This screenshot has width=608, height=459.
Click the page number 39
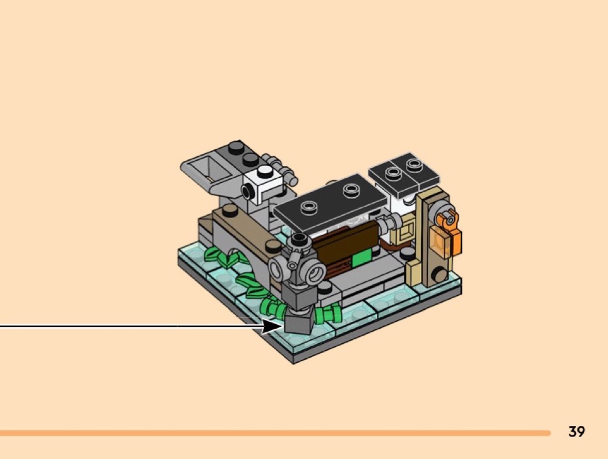(x=577, y=431)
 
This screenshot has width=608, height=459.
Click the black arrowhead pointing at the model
(x=273, y=326)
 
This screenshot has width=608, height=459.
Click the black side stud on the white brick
(x=248, y=191)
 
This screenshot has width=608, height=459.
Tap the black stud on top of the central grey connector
(x=299, y=238)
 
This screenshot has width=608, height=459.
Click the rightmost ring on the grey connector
(x=315, y=273)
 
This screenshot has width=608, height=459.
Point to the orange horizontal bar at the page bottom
(x=275, y=432)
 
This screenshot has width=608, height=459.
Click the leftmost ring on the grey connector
(x=277, y=268)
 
